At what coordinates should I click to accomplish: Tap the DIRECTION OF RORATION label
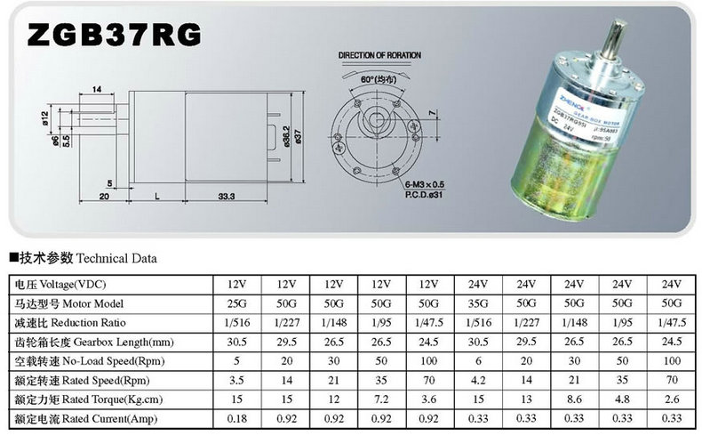click(x=379, y=55)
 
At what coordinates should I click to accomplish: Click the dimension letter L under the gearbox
click(x=157, y=196)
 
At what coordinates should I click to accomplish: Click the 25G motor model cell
click(x=237, y=303)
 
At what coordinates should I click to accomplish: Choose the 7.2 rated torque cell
click(x=381, y=400)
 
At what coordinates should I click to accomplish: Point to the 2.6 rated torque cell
click(x=670, y=400)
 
